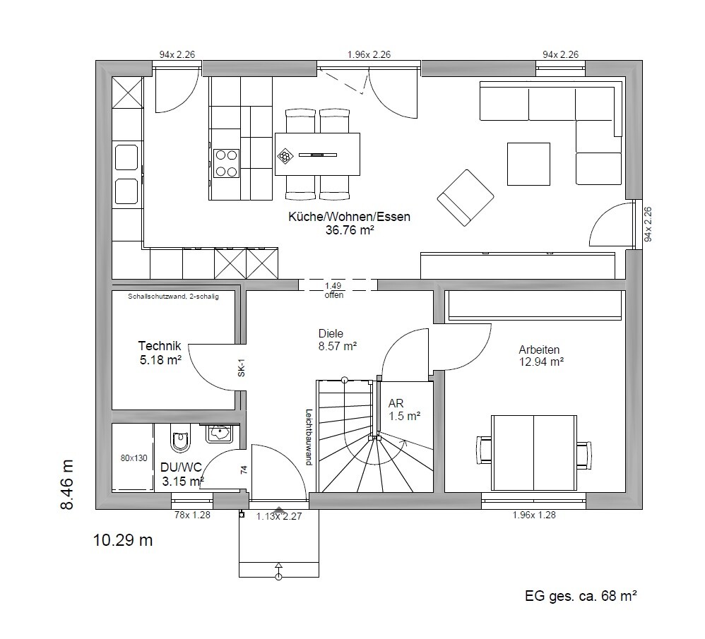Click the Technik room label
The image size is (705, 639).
160,346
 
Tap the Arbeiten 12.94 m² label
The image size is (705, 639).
541,355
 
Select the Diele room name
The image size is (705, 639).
331,333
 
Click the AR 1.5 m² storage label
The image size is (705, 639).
404,410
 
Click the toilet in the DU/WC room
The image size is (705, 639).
181,438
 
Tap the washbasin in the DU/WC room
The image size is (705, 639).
220,434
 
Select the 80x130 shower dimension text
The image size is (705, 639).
134,458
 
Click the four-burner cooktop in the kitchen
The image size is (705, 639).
226,163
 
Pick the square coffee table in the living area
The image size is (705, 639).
528,164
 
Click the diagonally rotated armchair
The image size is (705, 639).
466,198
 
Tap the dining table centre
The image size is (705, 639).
317,154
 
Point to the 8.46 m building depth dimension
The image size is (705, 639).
66,484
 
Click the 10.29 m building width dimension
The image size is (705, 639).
123,539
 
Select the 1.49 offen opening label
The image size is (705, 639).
333,290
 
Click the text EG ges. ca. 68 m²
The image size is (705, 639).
581,597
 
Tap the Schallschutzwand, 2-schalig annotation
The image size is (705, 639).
173,297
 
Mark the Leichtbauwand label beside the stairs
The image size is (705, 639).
309,437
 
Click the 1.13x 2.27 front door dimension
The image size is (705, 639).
279,516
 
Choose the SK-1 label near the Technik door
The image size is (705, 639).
242,367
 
